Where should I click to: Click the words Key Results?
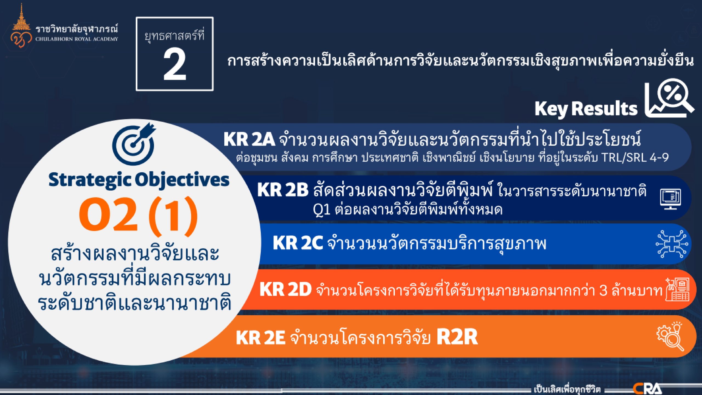pyautogui.click(x=586, y=109)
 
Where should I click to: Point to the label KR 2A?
pyautogui.click(x=249, y=139)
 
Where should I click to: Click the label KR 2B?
pyautogui.click(x=283, y=190)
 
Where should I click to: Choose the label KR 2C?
pyautogui.click(x=298, y=243)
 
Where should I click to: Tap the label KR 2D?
pyautogui.click(x=285, y=289)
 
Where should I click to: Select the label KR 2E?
pyautogui.click(x=261, y=337)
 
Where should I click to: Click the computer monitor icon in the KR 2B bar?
pyautogui.click(x=670, y=199)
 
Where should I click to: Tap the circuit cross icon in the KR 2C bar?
pyautogui.click(x=672, y=244)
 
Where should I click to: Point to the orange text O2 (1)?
pyautogui.click(x=138, y=216)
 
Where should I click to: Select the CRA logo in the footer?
pyautogui.click(x=647, y=389)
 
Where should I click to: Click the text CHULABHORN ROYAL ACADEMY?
pyautogui.click(x=77, y=39)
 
